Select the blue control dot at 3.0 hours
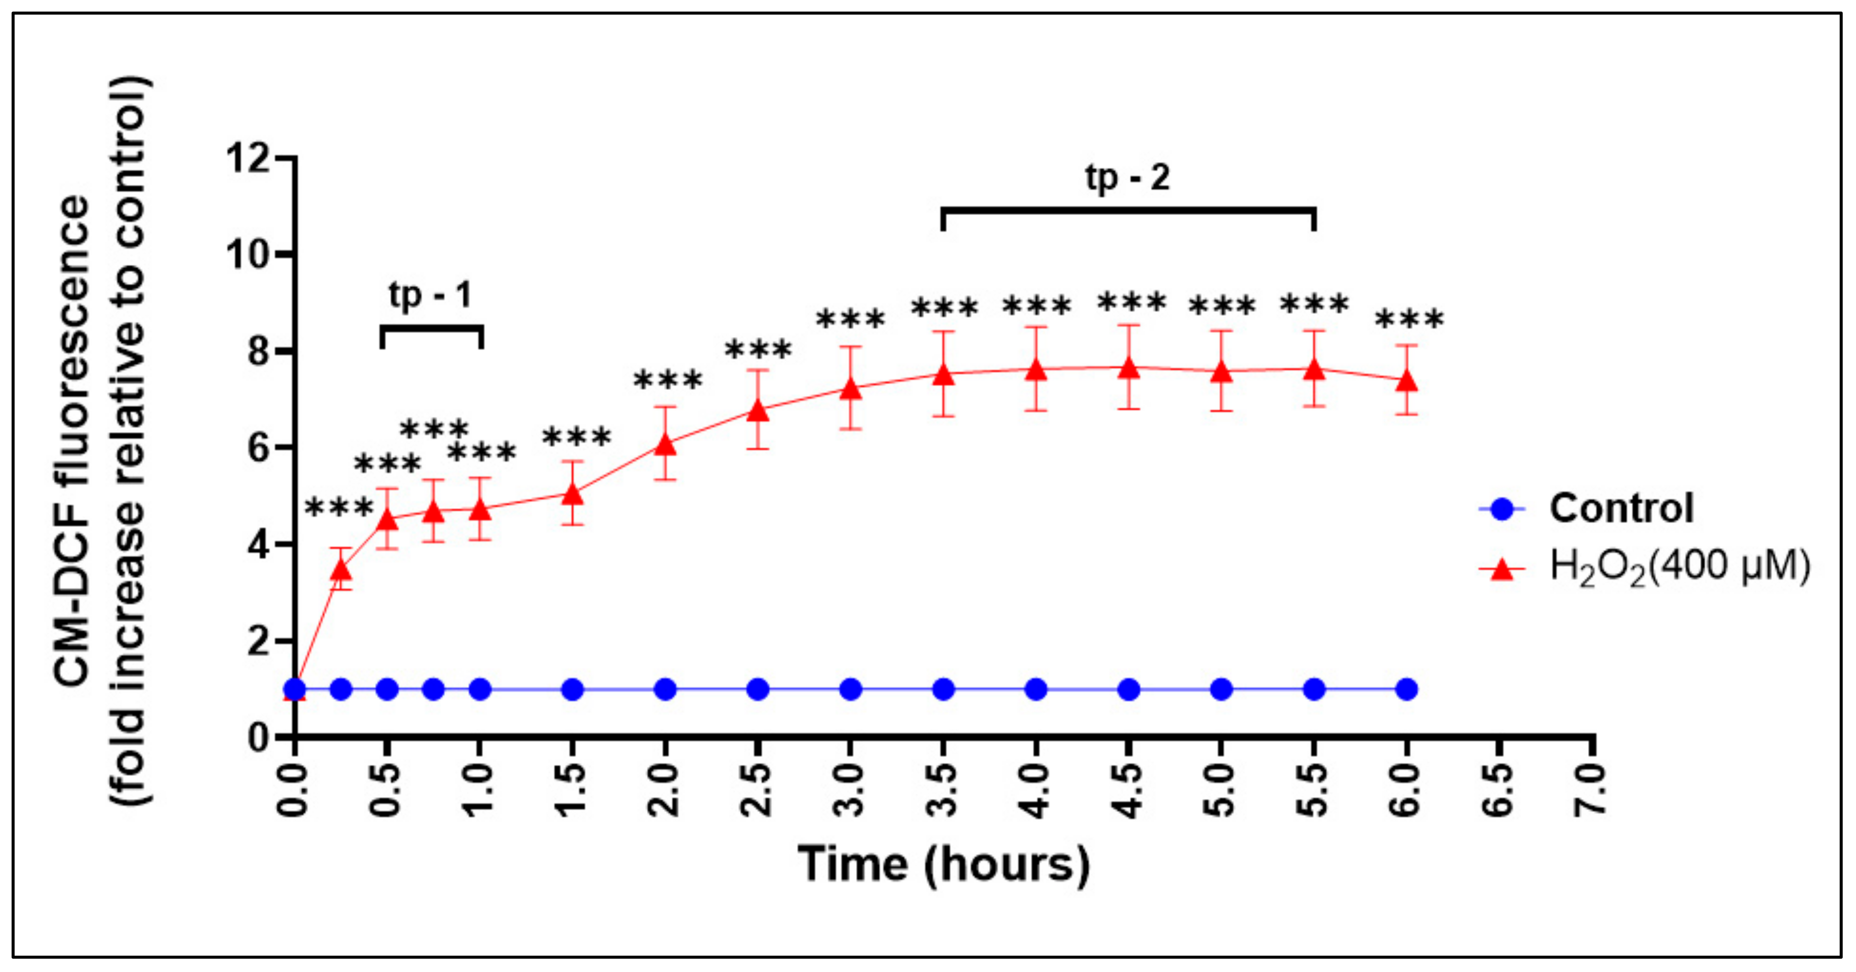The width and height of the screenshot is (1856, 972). click(x=851, y=689)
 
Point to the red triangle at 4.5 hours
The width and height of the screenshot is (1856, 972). click(x=1129, y=369)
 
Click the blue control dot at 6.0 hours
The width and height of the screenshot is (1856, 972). click(x=1407, y=689)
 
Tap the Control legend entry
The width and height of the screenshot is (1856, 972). click(x=1621, y=508)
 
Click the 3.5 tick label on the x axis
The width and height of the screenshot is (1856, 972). click(x=942, y=789)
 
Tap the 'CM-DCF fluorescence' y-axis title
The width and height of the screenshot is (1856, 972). click(x=72, y=439)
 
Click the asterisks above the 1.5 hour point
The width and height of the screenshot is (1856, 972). click(x=577, y=437)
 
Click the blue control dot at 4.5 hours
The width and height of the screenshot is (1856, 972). click(x=1129, y=689)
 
